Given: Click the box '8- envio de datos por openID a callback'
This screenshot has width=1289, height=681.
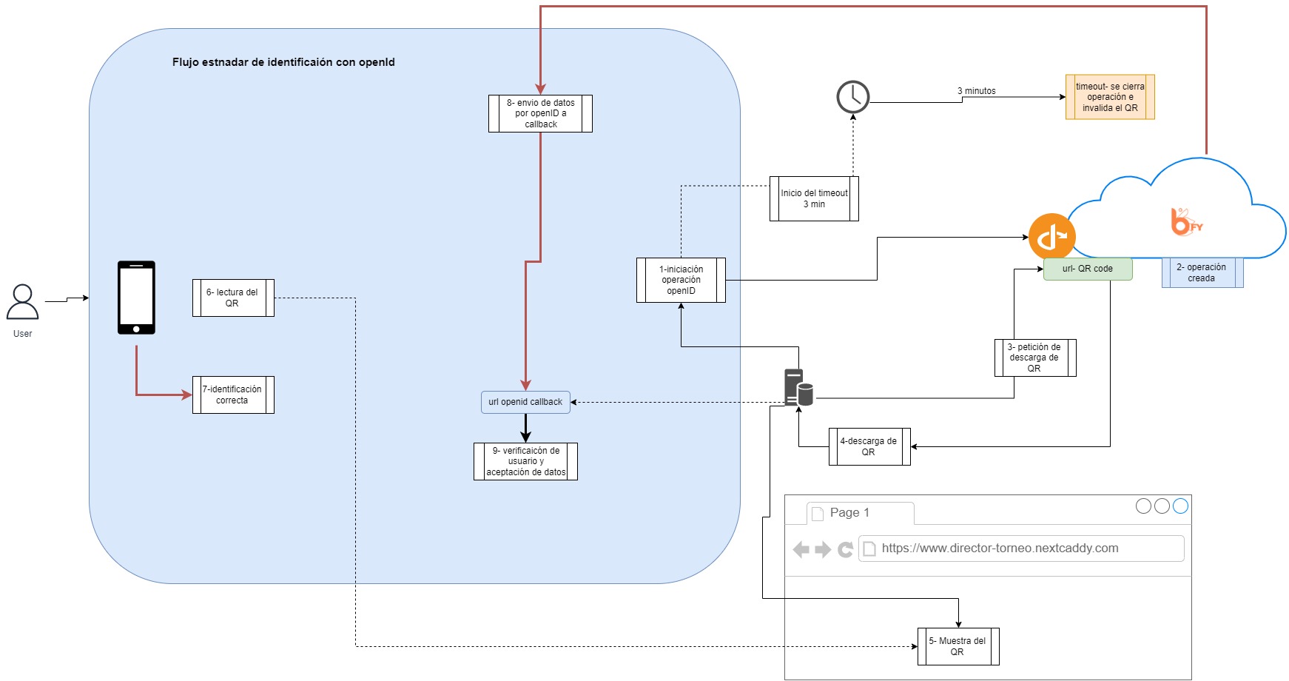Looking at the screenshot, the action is [x=540, y=113].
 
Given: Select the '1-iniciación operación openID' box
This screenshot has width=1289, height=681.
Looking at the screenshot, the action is [x=681, y=280].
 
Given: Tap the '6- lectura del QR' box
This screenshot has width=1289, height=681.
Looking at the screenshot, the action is [x=233, y=298].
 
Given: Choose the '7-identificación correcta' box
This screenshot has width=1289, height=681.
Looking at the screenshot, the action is [x=233, y=395].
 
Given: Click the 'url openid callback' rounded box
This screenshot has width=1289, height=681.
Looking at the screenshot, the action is [x=525, y=402].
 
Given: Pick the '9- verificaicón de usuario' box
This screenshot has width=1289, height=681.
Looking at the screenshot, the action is [x=525, y=461].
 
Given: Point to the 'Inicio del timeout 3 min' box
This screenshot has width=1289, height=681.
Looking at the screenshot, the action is [x=814, y=198].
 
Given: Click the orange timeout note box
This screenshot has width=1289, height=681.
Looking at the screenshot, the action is [x=1110, y=97].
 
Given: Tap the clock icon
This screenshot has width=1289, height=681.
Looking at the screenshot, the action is [x=852, y=97].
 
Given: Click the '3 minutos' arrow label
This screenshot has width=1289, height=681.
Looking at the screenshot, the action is [x=977, y=91].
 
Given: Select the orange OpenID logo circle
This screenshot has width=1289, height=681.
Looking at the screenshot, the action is [x=1051, y=237].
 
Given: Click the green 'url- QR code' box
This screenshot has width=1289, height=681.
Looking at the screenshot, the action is [x=1088, y=269].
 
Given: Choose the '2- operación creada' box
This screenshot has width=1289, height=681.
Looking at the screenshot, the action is [x=1202, y=272].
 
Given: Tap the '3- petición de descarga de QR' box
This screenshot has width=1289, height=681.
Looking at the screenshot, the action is [x=1035, y=358].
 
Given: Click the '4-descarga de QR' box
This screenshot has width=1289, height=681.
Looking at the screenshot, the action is [x=869, y=446].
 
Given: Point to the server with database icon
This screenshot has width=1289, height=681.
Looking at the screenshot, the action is [x=798, y=387].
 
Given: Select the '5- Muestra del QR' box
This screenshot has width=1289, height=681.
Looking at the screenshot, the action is [x=958, y=646].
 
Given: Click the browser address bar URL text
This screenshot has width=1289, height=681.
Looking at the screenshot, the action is [x=1000, y=549].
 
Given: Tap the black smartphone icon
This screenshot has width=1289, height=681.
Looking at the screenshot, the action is [x=136, y=298].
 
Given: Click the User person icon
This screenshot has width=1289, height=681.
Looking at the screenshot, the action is [x=22, y=302].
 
